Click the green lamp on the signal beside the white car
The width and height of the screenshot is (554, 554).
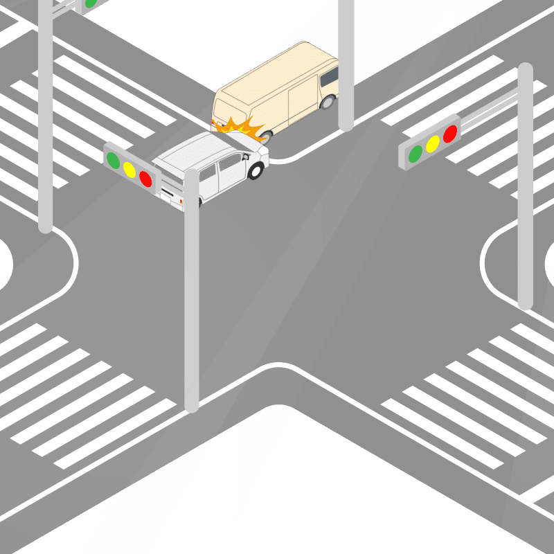(113, 159)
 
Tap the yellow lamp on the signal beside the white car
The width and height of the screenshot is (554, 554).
(129, 168)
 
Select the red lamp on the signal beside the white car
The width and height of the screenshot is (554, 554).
(145, 178)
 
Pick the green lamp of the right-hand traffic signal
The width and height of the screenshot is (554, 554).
(415, 153)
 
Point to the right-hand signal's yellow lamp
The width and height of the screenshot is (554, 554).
(433, 143)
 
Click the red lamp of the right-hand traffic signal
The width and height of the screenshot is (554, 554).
(450, 133)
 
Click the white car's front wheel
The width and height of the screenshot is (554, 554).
(256, 170)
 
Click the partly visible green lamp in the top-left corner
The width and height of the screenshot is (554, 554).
(90, 3)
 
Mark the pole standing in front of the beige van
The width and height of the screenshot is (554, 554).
(346, 69)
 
